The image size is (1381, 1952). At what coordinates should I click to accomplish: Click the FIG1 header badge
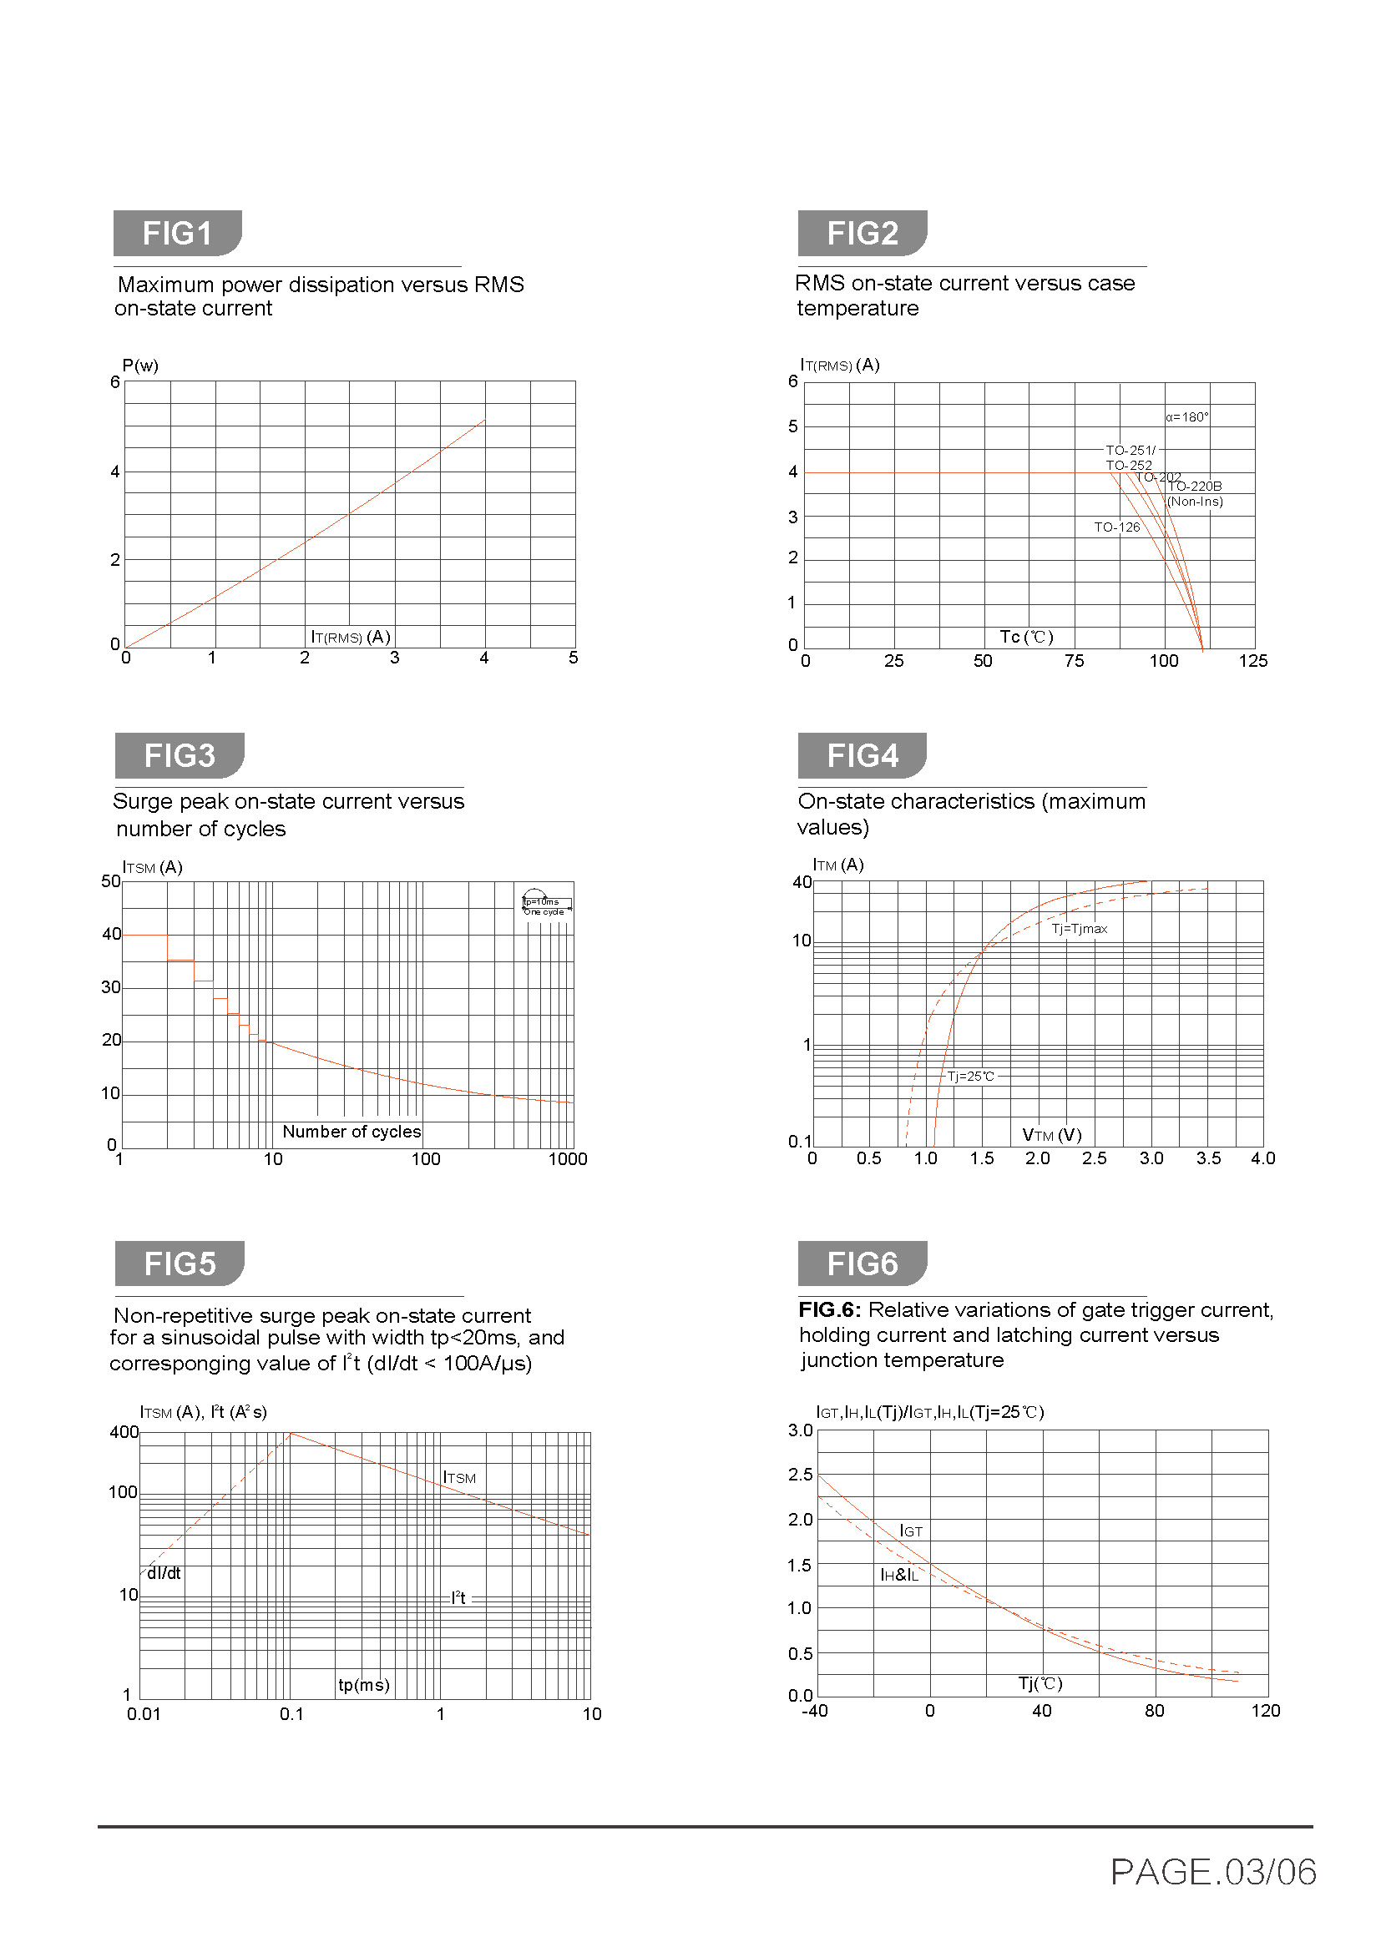(177, 233)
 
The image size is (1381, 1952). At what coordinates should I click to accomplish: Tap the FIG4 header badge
(862, 755)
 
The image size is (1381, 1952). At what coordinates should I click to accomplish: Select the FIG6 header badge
(862, 1264)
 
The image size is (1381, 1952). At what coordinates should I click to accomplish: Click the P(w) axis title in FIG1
(140, 366)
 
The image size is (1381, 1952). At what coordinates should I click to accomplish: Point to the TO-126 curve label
(1115, 527)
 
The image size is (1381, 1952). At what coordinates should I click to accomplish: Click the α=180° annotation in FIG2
(1186, 416)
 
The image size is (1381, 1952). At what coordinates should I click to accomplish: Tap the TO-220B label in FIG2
(1194, 487)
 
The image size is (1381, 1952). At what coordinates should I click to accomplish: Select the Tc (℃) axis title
(1026, 637)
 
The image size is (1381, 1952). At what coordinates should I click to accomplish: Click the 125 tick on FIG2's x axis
(1252, 661)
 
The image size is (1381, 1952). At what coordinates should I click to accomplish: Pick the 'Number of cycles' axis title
(352, 1132)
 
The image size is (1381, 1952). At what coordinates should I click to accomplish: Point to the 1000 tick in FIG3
(567, 1159)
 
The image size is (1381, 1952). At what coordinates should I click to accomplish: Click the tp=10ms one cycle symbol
(545, 904)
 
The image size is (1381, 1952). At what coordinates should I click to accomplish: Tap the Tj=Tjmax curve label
(1079, 928)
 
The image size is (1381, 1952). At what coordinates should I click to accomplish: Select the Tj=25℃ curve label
(970, 1077)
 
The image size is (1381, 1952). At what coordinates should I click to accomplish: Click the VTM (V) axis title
(1051, 1135)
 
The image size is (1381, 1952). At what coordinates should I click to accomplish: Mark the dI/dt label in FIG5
(164, 1574)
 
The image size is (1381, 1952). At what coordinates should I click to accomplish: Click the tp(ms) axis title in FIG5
(364, 1684)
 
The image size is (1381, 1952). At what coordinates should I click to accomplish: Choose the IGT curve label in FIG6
(911, 1531)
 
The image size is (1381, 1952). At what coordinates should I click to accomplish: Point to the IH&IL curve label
(899, 1576)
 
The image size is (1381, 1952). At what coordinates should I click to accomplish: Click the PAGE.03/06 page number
(1212, 1872)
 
